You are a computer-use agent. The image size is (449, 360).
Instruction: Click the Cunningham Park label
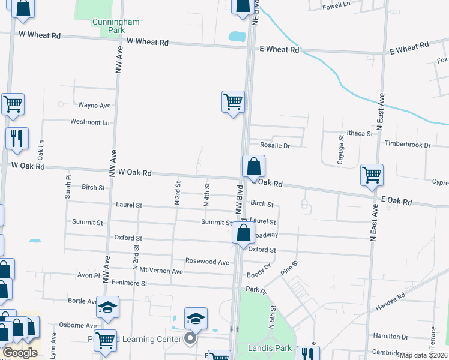(x=116, y=26)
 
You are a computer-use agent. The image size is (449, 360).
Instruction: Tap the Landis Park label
(x=270, y=348)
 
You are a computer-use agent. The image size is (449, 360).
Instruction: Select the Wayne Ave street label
(x=94, y=106)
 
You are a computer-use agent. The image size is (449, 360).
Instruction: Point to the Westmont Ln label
(x=90, y=122)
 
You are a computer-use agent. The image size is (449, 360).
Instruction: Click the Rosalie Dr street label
(x=274, y=145)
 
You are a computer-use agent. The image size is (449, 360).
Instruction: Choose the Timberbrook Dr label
(x=408, y=145)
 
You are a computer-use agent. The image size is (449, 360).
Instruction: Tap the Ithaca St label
(x=360, y=133)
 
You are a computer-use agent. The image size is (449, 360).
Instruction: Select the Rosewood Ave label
(x=207, y=262)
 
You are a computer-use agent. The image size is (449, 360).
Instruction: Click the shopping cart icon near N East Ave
(x=372, y=175)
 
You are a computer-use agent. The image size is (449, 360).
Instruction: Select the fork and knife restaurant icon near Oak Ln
(x=17, y=138)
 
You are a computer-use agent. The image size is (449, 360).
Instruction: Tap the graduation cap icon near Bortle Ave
(x=107, y=307)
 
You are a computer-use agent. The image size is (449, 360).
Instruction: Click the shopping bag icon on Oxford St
(x=243, y=233)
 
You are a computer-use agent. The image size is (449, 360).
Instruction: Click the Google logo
(x=20, y=353)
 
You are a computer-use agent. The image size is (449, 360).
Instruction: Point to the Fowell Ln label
(x=336, y=5)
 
